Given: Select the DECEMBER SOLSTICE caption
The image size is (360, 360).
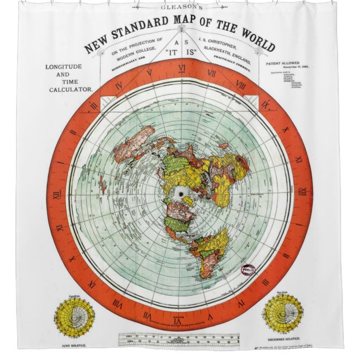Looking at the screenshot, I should pos(285,337).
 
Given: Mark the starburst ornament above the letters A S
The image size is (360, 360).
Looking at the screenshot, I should pos(179,25).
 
